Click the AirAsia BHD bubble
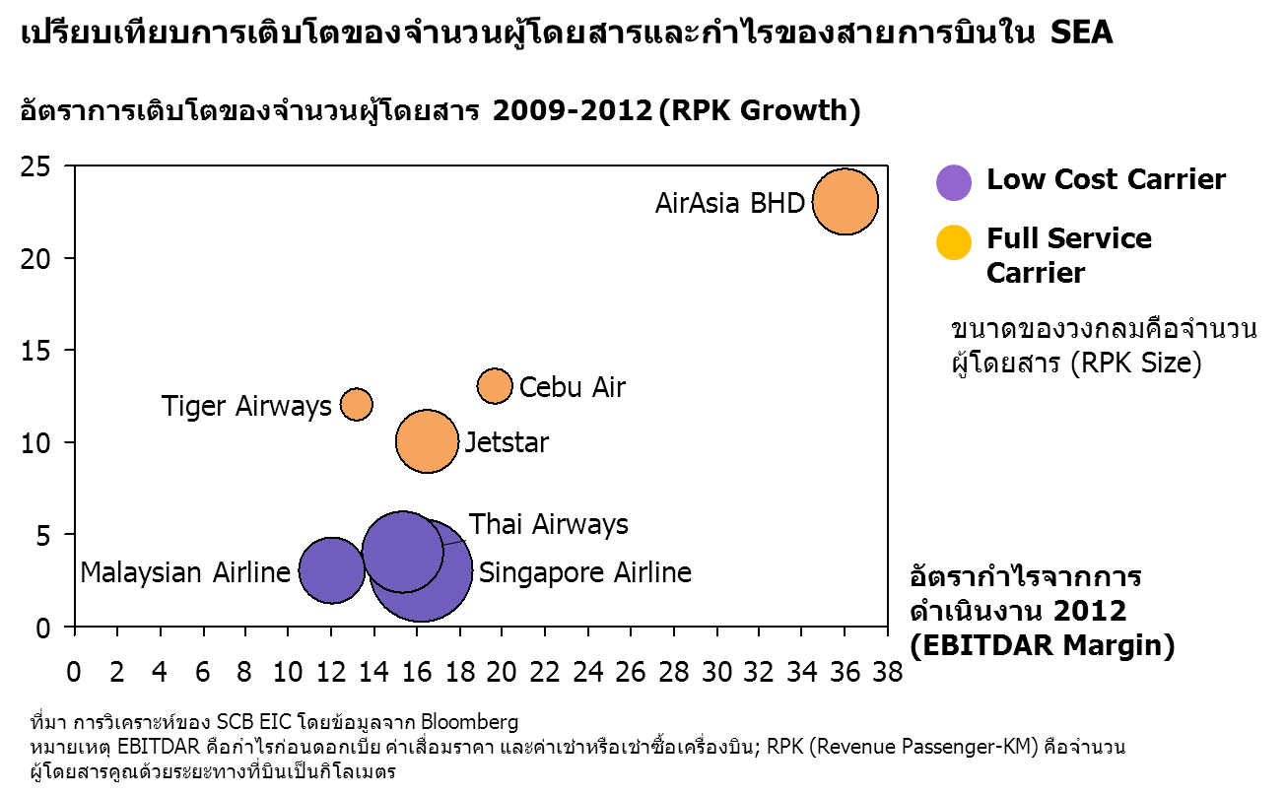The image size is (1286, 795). (846, 202)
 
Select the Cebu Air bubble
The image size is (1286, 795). (495, 386)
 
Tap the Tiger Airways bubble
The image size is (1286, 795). (357, 404)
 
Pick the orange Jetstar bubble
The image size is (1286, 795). (427, 440)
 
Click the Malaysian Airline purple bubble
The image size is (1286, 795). (332, 570)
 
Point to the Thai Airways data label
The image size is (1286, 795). (548, 524)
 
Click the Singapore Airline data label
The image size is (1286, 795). (585, 572)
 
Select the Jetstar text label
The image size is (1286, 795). (507, 442)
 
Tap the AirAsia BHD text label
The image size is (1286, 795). (729, 203)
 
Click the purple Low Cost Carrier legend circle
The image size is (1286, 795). (954, 182)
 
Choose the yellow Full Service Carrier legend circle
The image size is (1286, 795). (954, 241)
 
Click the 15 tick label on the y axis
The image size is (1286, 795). (35, 351)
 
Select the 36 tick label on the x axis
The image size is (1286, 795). (845, 672)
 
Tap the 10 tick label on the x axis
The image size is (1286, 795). (288, 672)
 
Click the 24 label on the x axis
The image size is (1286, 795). (587, 672)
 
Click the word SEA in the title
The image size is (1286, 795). (1082, 33)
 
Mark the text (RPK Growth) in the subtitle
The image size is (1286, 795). (760, 110)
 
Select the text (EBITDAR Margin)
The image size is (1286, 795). (1043, 644)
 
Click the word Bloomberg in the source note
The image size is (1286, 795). (469, 721)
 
